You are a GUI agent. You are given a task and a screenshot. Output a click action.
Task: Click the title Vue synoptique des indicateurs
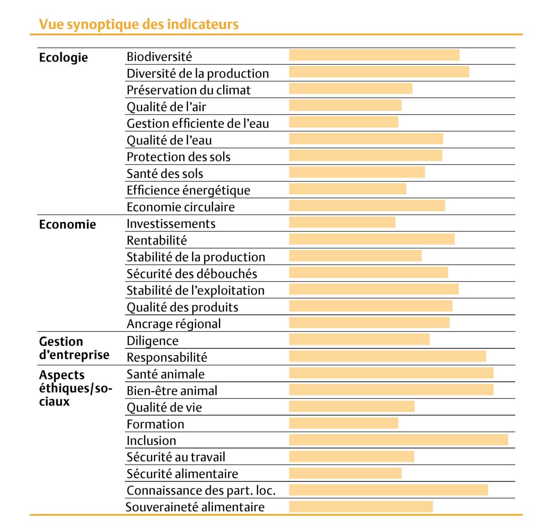[x=139, y=24]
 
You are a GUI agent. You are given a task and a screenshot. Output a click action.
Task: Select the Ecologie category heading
[x=63, y=58]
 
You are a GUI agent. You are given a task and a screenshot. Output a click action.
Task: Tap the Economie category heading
[x=68, y=224]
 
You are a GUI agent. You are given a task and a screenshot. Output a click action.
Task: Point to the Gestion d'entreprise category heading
[x=74, y=348]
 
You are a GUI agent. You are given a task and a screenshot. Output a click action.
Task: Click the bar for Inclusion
[x=398, y=440]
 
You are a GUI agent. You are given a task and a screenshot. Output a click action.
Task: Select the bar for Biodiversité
[x=374, y=55]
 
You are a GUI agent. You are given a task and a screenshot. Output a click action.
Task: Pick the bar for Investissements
[x=342, y=222]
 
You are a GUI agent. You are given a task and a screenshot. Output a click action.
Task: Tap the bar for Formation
[x=343, y=423]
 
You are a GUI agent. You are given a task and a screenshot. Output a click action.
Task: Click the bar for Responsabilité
[x=387, y=356]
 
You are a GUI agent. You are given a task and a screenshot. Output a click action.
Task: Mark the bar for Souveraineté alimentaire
[x=361, y=506]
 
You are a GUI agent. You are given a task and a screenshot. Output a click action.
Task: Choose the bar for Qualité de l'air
[x=345, y=105]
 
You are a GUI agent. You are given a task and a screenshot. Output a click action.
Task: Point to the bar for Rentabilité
[x=371, y=239]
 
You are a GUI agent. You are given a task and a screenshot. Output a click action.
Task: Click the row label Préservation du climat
[x=189, y=90]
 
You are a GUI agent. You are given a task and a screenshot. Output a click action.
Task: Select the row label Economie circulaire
[x=181, y=207]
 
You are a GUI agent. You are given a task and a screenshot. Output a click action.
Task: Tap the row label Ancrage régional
[x=173, y=324]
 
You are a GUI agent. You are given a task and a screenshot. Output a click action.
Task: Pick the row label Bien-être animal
[x=172, y=390]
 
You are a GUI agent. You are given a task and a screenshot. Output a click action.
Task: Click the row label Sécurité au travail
[x=176, y=457]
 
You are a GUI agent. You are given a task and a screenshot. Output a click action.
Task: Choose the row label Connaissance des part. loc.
[x=201, y=491]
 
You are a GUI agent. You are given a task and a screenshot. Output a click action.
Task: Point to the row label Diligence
[x=152, y=341]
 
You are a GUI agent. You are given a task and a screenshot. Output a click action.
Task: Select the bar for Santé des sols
[x=357, y=172]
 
